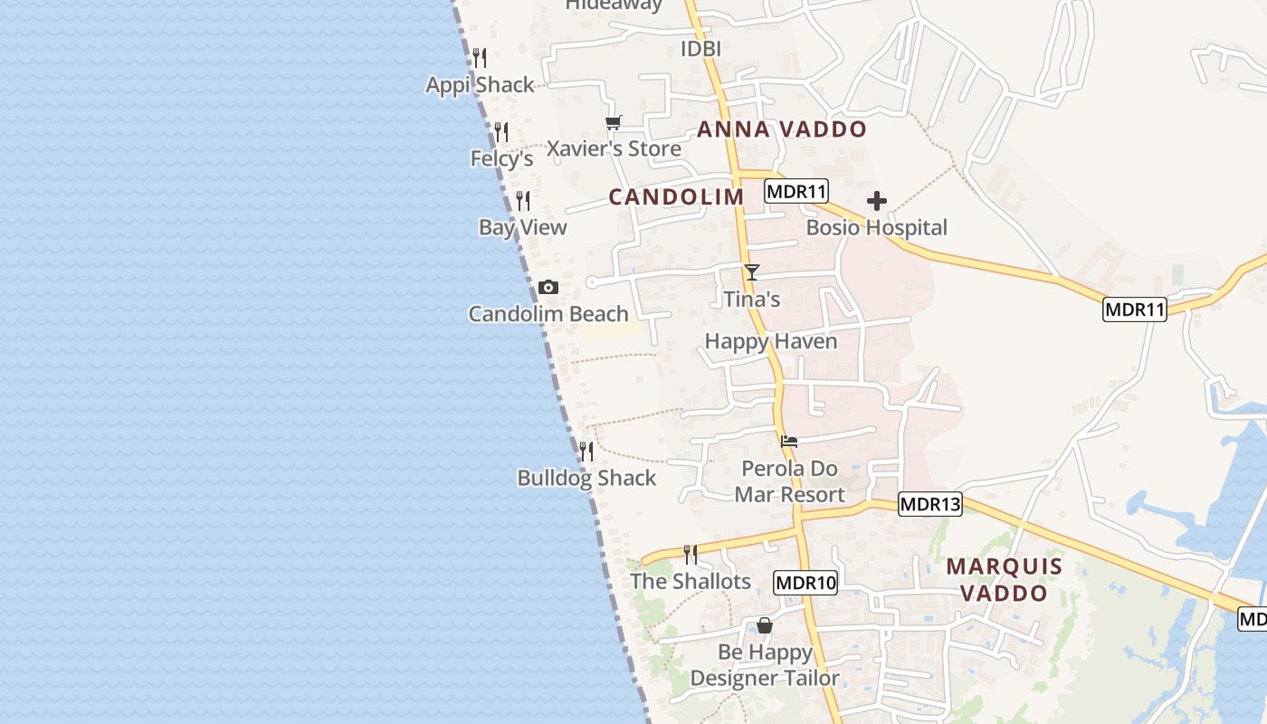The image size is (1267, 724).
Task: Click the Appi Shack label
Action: [x=481, y=85]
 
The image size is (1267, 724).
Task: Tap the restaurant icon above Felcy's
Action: [x=501, y=132]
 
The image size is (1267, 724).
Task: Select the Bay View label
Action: [x=523, y=227]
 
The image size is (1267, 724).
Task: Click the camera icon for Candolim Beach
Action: [x=548, y=288]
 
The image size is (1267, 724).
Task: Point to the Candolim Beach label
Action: [x=548, y=314]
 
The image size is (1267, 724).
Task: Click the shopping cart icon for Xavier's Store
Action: [x=614, y=123]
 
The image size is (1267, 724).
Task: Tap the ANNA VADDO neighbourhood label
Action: [x=782, y=129]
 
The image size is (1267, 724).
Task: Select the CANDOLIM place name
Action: [x=676, y=196]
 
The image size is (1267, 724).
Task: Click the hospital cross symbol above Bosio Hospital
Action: [x=876, y=201]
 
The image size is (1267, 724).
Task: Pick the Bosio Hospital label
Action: [x=876, y=227]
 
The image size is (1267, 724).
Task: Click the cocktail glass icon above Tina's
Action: [x=751, y=271]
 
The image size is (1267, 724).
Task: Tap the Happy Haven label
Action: [x=771, y=341]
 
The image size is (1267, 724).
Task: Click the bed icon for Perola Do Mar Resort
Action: [x=789, y=442]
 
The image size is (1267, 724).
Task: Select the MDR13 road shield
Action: [x=929, y=504]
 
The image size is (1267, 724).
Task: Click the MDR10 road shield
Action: [x=805, y=583]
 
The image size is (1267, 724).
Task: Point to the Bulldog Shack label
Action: [x=586, y=478]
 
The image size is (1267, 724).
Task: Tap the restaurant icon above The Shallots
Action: [x=691, y=554]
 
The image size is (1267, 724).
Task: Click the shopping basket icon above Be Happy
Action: [x=765, y=625]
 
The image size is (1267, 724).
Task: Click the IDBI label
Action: [x=700, y=49]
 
